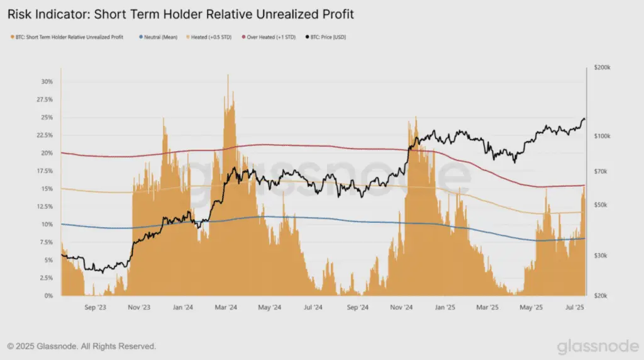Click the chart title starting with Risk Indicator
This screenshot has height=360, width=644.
[x=180, y=14]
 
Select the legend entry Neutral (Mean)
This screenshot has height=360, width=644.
[x=158, y=37]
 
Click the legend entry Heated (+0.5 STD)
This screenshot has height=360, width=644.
[x=209, y=37]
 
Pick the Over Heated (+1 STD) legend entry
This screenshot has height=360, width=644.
[x=269, y=37]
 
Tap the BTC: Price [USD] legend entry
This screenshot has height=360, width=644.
[x=326, y=37]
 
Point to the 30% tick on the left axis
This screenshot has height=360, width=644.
[x=47, y=82]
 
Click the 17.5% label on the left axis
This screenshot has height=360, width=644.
[x=45, y=171]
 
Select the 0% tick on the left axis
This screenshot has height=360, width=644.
[x=49, y=296]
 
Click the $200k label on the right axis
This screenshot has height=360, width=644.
[x=602, y=67]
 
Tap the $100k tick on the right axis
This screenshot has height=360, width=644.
[x=602, y=136]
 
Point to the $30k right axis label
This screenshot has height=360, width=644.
[x=601, y=256]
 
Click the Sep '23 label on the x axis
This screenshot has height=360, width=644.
[x=96, y=307]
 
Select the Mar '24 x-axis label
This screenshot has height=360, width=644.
[x=226, y=307]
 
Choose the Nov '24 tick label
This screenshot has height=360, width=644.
[x=401, y=307]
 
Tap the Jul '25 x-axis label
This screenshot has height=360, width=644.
[x=575, y=307]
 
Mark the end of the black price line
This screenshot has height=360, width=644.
[x=585, y=120]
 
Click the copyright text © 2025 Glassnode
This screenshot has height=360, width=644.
[x=82, y=346]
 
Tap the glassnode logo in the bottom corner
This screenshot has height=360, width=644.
[x=598, y=346]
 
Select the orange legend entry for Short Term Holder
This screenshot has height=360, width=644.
[x=67, y=37]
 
